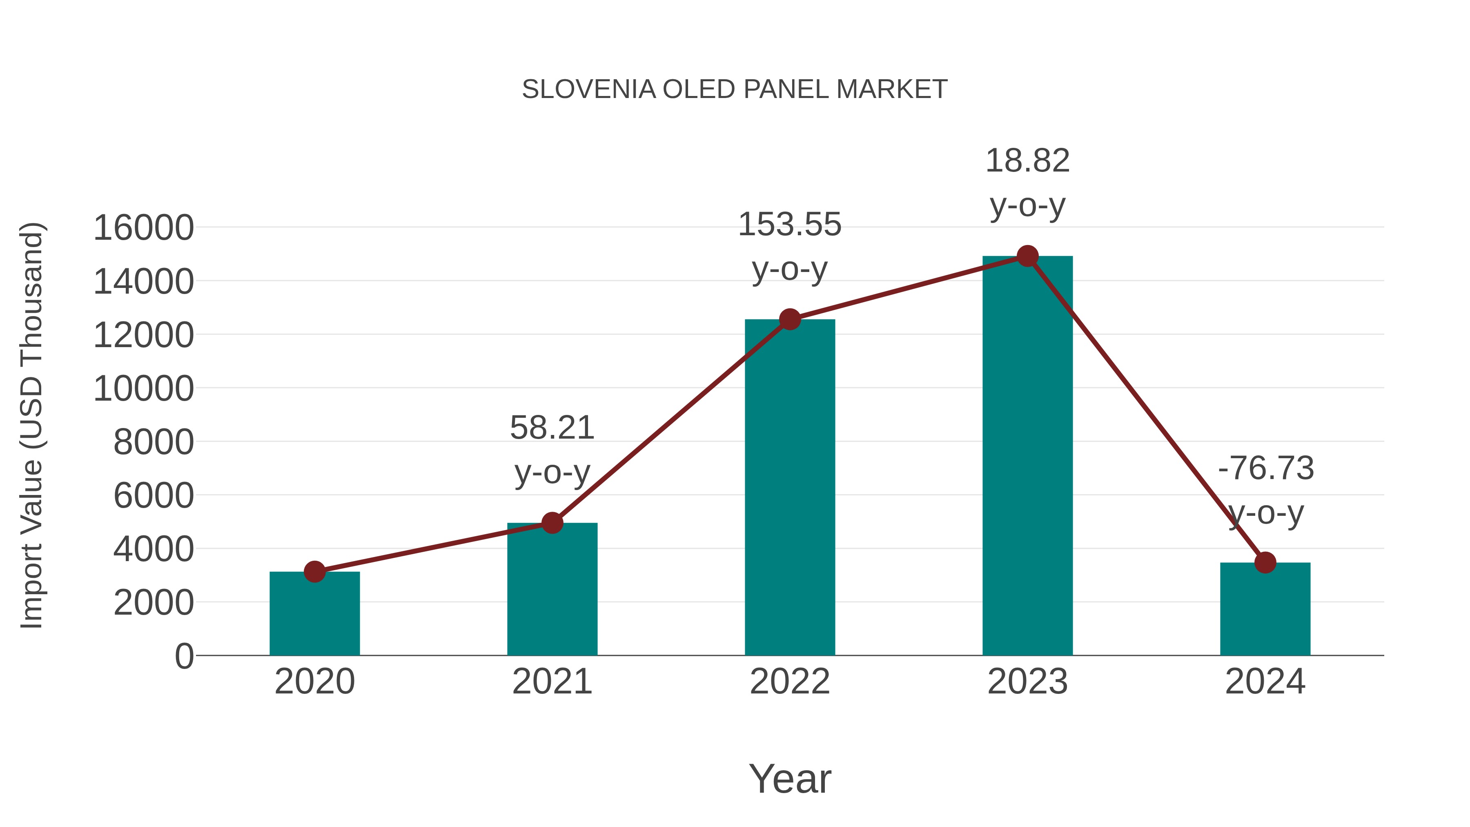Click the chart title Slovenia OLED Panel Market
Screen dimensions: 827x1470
click(735, 89)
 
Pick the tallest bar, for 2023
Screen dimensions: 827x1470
click(1027, 457)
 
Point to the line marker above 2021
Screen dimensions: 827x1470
click(552, 522)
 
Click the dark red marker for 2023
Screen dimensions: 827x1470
click(1027, 256)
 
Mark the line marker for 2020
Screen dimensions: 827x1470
click(314, 571)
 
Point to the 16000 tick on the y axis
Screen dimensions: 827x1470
click(143, 228)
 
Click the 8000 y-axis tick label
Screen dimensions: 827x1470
click(154, 442)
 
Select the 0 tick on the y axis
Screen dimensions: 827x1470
click(184, 656)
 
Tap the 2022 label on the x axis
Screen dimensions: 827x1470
click(790, 682)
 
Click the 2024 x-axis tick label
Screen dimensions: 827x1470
click(1265, 682)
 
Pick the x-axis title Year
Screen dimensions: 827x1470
click(790, 778)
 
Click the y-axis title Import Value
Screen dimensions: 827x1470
click(31, 425)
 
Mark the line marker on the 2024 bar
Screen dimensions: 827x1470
click(1265, 563)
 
